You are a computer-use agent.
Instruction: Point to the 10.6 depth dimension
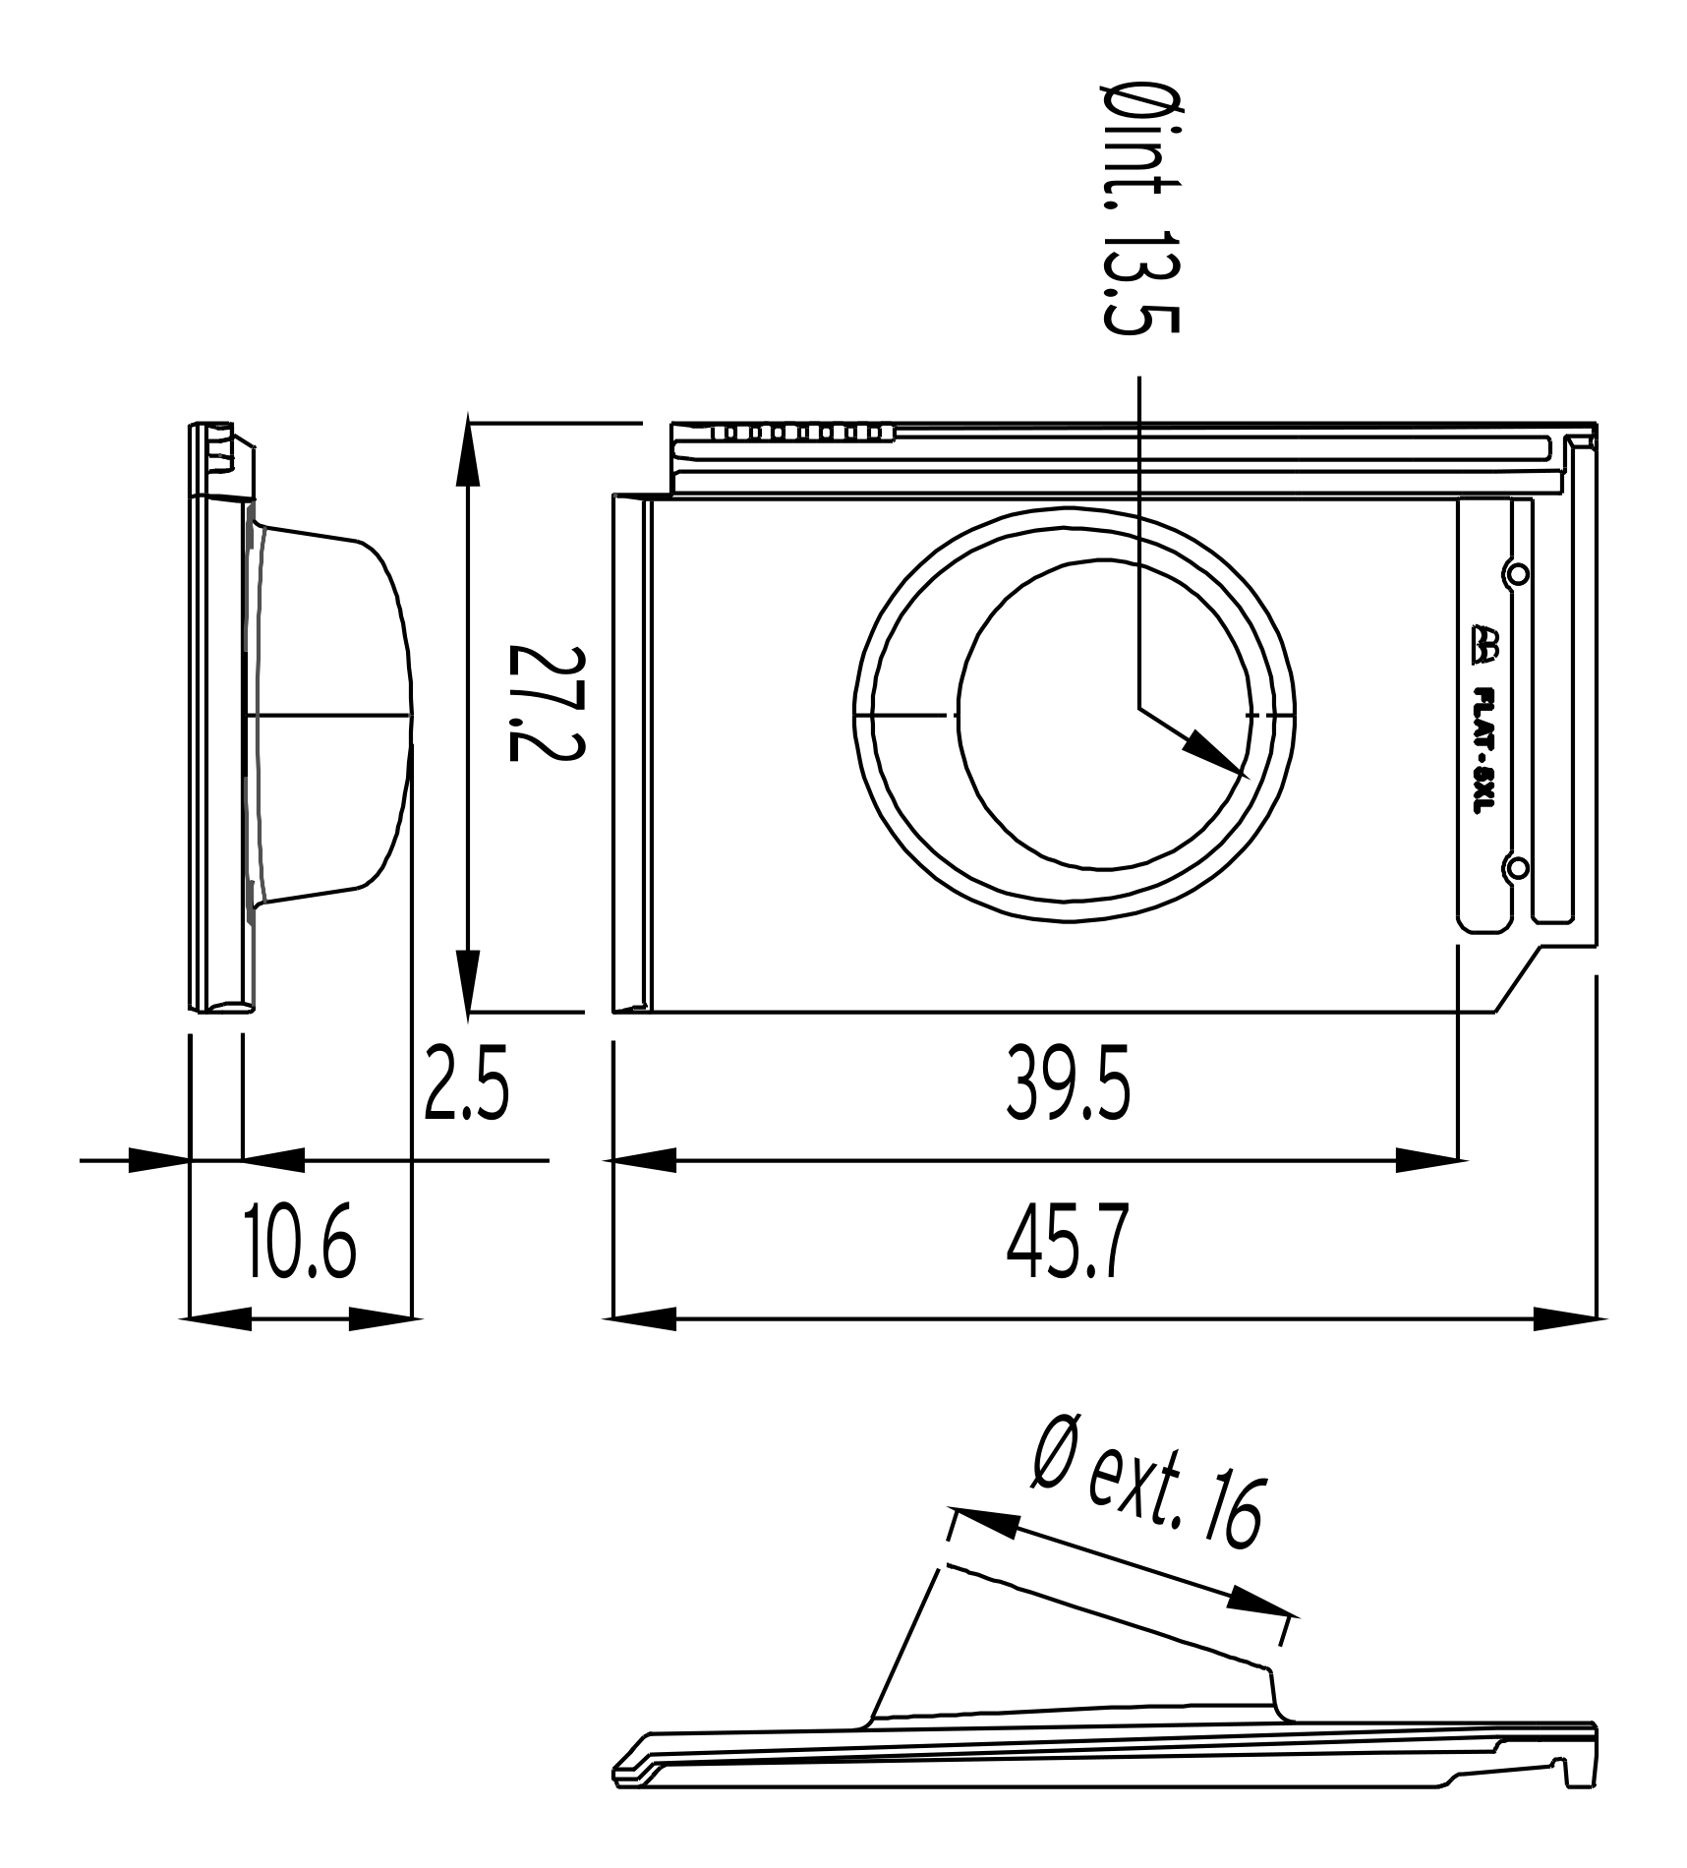(x=299, y=1246)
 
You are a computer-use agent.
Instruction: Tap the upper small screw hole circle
(x=1517, y=573)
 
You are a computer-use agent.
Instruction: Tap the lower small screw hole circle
(x=1517, y=866)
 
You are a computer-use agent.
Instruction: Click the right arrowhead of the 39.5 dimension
(x=1427, y=1161)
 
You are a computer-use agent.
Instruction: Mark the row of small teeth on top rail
(x=801, y=432)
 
